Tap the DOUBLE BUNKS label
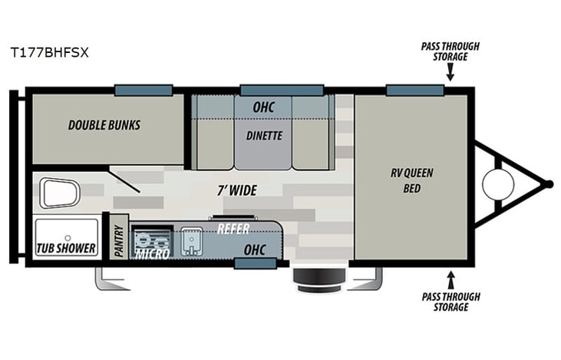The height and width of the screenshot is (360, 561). click(x=104, y=125)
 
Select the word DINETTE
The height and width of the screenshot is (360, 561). click(x=264, y=136)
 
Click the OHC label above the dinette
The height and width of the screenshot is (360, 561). click(x=263, y=107)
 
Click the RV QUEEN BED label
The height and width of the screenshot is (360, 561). click(x=412, y=180)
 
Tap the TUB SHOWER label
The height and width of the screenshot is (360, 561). click(x=66, y=249)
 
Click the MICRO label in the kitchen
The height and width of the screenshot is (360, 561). click(x=152, y=253)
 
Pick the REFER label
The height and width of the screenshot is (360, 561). click(x=233, y=229)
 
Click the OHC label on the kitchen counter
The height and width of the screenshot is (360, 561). click(x=254, y=250)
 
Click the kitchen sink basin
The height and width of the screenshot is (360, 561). click(x=190, y=243)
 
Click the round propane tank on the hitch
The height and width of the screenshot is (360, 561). click(x=497, y=184)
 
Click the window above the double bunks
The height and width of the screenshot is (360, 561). click(x=144, y=91)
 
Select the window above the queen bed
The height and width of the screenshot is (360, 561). click(x=414, y=91)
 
